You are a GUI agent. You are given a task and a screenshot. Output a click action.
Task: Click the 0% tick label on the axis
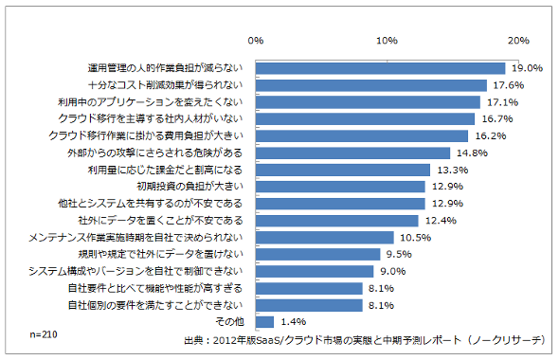tap(256, 41)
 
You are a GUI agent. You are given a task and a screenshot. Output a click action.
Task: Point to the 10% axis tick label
tap(387, 41)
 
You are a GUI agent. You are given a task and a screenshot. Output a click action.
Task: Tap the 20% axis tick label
tap(518, 41)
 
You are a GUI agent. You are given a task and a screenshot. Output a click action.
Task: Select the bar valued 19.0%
tap(380, 68)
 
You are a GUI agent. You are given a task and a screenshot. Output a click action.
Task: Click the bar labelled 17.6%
tap(371, 85)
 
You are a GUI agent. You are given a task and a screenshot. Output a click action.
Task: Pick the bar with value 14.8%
tap(352, 153)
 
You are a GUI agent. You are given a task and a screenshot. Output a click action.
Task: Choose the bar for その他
tap(264, 322)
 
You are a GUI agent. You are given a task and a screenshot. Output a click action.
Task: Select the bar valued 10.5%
tap(325, 238)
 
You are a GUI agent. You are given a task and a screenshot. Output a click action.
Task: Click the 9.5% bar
tap(318, 255)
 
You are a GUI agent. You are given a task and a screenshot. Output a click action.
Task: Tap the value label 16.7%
tap(497, 119)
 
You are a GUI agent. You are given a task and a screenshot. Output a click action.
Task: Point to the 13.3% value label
tap(453, 170)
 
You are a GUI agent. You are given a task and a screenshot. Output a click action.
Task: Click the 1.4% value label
tap(294, 322)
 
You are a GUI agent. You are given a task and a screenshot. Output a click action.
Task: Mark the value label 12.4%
tap(441, 221)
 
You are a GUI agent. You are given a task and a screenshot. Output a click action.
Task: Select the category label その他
tap(229, 322)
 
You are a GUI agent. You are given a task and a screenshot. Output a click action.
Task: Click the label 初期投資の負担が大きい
tap(189, 187)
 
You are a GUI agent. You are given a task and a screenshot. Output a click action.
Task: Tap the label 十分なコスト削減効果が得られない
tap(166, 85)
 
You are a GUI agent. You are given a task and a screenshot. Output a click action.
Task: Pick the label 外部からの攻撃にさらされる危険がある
tap(155, 153)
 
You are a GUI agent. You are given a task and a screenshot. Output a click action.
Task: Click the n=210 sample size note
tap(44, 334)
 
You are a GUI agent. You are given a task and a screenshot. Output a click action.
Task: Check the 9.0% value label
tap(393, 272)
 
